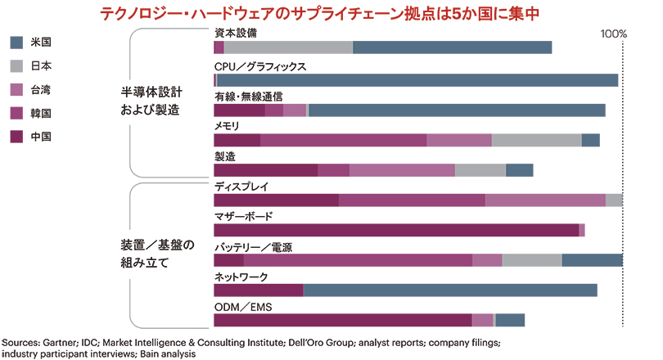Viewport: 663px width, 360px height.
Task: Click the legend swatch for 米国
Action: pos(16,41)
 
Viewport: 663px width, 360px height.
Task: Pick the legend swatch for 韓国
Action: pos(16,112)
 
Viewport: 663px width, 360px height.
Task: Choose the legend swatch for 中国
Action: pos(16,136)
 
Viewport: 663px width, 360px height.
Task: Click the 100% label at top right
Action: pos(613,35)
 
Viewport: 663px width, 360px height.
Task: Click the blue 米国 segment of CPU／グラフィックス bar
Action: pos(417,80)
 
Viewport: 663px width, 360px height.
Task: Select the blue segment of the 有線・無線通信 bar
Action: pos(457,110)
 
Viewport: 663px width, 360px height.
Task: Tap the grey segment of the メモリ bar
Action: pos(536,140)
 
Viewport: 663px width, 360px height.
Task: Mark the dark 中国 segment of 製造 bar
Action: pos(265,170)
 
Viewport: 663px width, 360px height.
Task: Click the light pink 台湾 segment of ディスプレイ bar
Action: pos(545,200)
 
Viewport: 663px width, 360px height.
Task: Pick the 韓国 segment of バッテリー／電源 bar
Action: pos(358,260)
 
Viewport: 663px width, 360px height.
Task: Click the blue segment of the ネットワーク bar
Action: pos(450,290)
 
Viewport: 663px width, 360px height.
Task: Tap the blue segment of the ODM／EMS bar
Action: pos(510,320)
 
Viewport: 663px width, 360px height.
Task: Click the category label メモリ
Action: pos(227,126)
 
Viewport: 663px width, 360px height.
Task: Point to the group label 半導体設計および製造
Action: pos(151,101)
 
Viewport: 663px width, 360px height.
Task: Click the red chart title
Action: pos(331,14)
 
